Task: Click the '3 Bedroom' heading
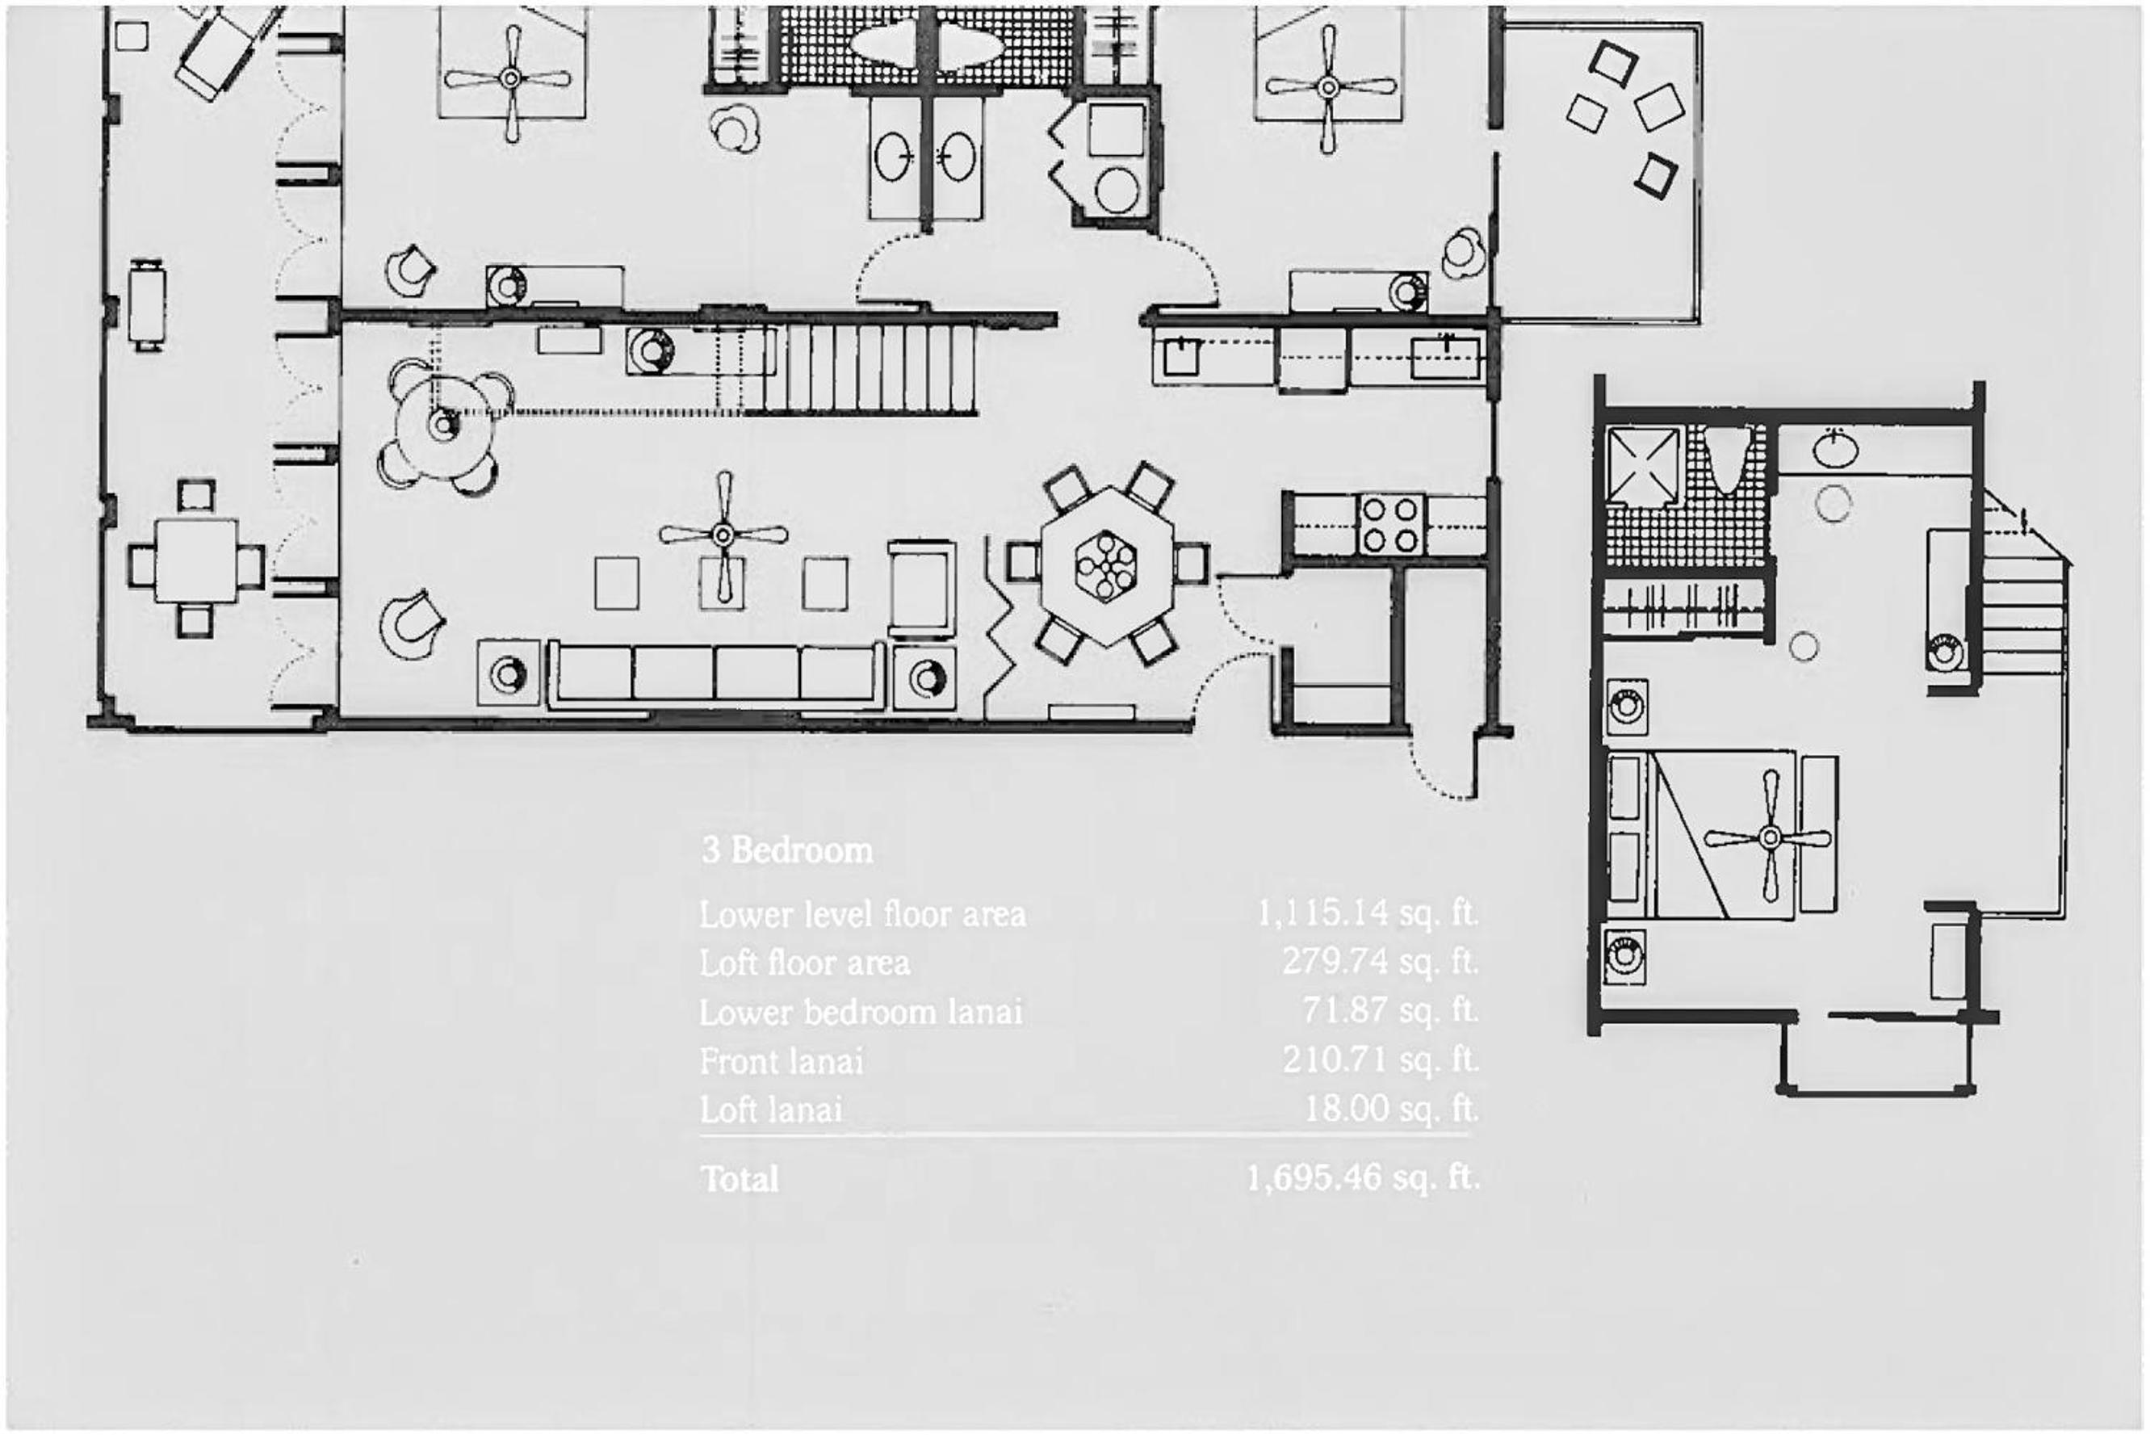pyautogui.click(x=787, y=850)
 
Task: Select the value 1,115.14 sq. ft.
pyautogui.click(x=1367, y=913)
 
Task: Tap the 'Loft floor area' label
pyautogui.click(x=804, y=963)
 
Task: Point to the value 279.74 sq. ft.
pyautogui.click(x=1380, y=962)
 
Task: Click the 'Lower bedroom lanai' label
pyautogui.click(x=861, y=1012)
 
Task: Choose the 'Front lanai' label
pyautogui.click(x=782, y=1060)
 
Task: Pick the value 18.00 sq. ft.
pyautogui.click(x=1390, y=1108)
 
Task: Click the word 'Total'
pyautogui.click(x=740, y=1179)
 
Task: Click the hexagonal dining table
pyautogui.click(x=1106, y=565)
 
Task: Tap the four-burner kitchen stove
pyautogui.click(x=1390, y=524)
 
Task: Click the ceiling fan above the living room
pyautogui.click(x=723, y=535)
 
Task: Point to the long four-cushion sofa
pyautogui.click(x=715, y=674)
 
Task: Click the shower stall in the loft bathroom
pyautogui.click(x=1644, y=465)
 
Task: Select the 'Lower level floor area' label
pyautogui.click(x=863, y=914)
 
